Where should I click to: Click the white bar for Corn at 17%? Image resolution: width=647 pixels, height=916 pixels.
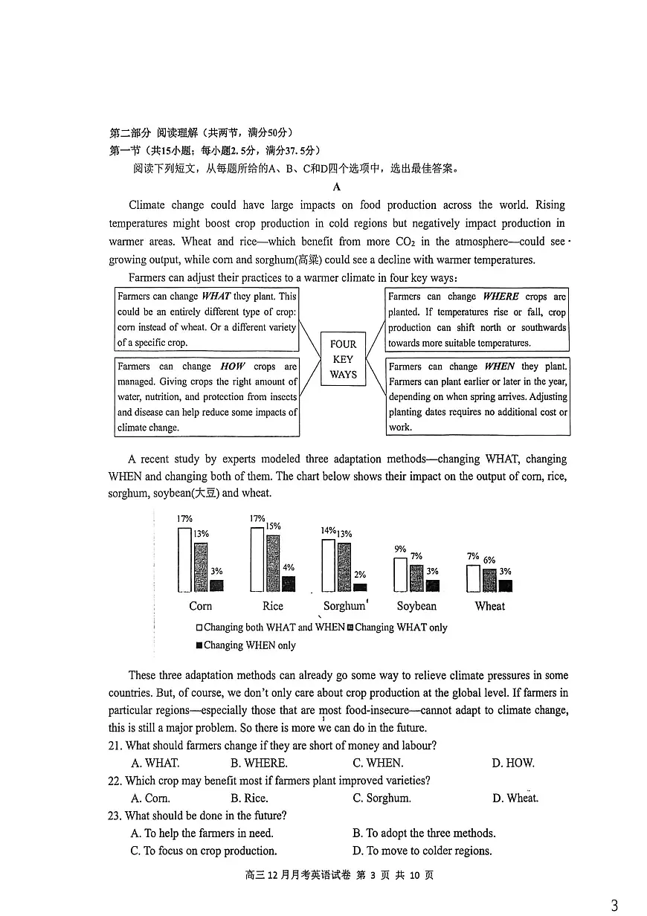tap(185, 559)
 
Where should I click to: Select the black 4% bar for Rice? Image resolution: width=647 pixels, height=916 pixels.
tap(289, 584)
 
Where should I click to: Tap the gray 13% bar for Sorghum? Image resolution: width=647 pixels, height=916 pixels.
tap(344, 567)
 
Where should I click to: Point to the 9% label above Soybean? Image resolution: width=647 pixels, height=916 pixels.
tap(400, 549)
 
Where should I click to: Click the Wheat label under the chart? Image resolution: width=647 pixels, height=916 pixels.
tap(489, 606)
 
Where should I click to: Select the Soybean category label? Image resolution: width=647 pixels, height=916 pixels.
tap(416, 606)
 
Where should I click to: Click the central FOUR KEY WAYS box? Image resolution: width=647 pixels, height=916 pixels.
tap(343, 359)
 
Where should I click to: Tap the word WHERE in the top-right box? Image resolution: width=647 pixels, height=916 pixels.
tap(500, 297)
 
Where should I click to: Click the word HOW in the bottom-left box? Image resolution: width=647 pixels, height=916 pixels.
tap(233, 367)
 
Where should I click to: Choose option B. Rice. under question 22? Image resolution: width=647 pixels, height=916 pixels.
tap(248, 799)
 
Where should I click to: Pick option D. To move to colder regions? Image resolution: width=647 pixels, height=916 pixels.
tap(422, 851)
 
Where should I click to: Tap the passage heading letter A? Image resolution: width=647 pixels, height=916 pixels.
tap(337, 187)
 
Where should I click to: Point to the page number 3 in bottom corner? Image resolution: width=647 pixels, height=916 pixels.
tap(614, 905)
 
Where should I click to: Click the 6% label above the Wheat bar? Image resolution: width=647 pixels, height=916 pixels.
tap(489, 560)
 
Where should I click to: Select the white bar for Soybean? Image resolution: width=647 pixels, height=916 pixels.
tap(400, 574)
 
